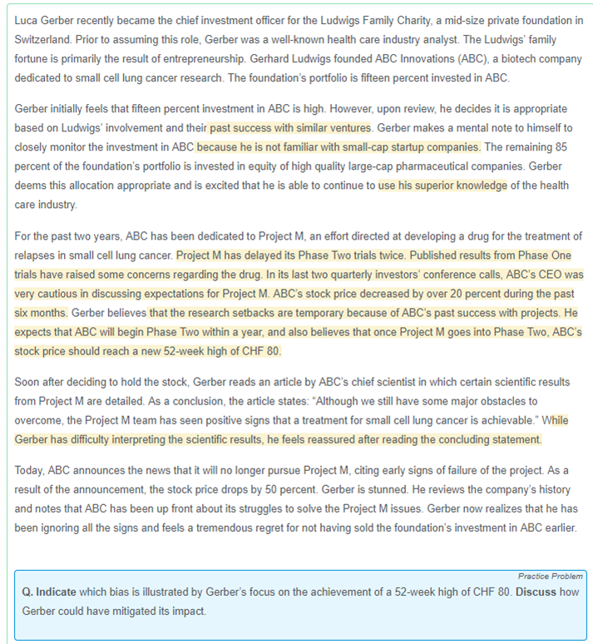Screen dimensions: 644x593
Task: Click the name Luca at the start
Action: [x=27, y=19]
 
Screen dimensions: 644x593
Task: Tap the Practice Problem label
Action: [x=550, y=577]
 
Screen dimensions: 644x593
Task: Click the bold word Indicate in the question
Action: [x=56, y=592]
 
